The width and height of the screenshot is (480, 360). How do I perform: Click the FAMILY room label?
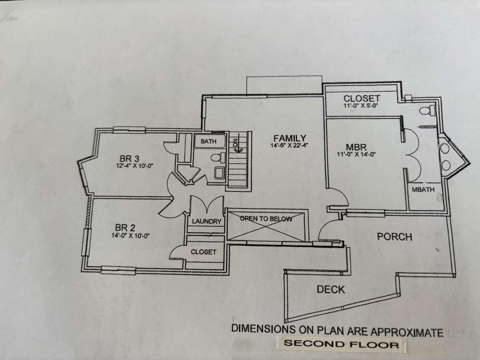[x=290, y=138]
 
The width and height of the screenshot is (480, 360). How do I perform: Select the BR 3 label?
[x=129, y=158]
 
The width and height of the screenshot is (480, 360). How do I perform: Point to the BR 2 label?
[x=125, y=227]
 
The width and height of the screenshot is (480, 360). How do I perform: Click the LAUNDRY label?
[x=207, y=221]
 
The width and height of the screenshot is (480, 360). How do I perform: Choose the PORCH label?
[x=395, y=237]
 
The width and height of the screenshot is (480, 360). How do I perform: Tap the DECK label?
[x=331, y=289]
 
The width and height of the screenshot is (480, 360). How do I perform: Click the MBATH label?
[x=423, y=190]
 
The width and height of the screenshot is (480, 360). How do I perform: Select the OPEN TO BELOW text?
[x=266, y=219]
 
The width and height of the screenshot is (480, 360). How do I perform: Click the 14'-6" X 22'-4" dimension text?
[x=290, y=145]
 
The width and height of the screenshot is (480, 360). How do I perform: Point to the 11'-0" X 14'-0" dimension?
[x=356, y=154]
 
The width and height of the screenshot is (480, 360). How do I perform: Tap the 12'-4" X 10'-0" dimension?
[x=135, y=165]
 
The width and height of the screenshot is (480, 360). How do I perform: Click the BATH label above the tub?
[x=209, y=141]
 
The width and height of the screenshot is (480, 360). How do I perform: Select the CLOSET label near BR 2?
[x=203, y=252]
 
